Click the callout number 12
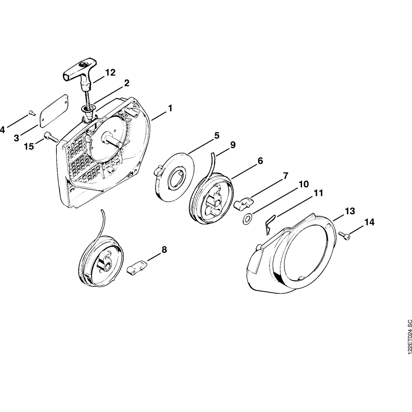[110, 73]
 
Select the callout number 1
[170, 108]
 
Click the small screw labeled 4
[32, 113]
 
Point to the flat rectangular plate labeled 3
[54, 110]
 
